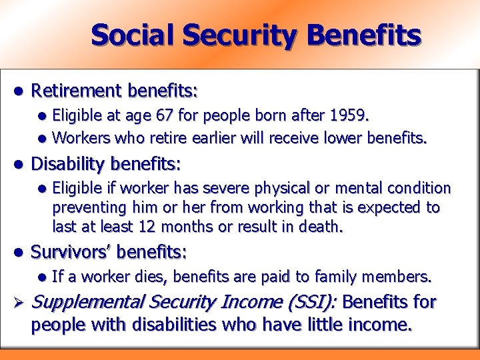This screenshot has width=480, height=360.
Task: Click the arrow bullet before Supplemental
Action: [19, 303]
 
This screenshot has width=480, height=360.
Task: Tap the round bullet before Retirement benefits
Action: [19, 90]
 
